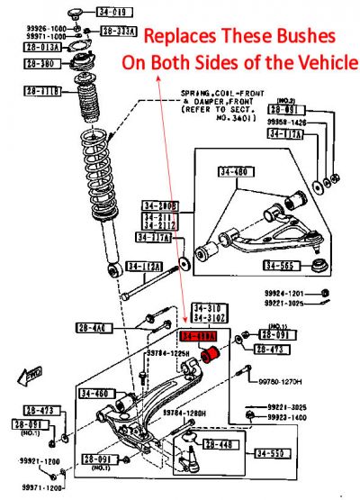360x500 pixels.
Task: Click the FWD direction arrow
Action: pyautogui.click(x=34, y=371)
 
